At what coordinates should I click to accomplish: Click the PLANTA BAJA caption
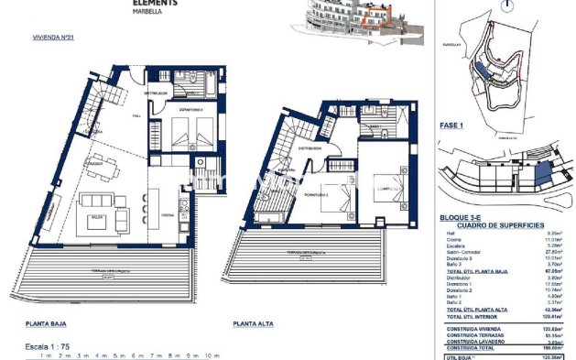[48, 323]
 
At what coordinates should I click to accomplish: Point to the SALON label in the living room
[95, 216]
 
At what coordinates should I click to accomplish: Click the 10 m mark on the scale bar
[212, 355]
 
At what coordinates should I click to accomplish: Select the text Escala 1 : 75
[52, 345]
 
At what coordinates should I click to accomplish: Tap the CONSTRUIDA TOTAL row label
[471, 347]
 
